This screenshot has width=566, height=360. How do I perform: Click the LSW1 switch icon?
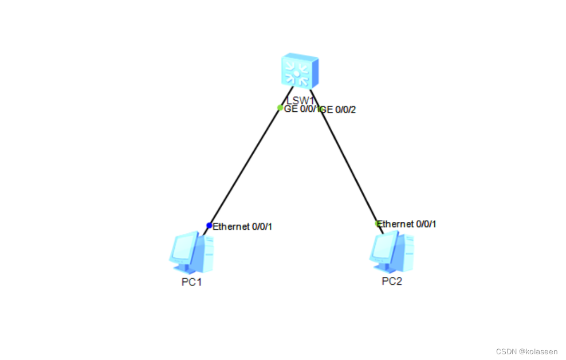[x=300, y=72]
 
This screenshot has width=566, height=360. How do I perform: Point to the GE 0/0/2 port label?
[x=339, y=109]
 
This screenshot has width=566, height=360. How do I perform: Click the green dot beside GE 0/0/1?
[x=280, y=108]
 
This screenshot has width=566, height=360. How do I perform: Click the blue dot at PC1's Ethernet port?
[x=209, y=226]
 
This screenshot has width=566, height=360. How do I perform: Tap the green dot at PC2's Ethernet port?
[x=377, y=223]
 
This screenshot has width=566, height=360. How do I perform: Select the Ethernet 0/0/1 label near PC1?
[x=242, y=226]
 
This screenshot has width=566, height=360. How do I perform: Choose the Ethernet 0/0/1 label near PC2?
[x=407, y=224]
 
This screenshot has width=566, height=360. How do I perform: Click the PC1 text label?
[x=191, y=282]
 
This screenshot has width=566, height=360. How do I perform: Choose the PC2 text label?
[x=392, y=281]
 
